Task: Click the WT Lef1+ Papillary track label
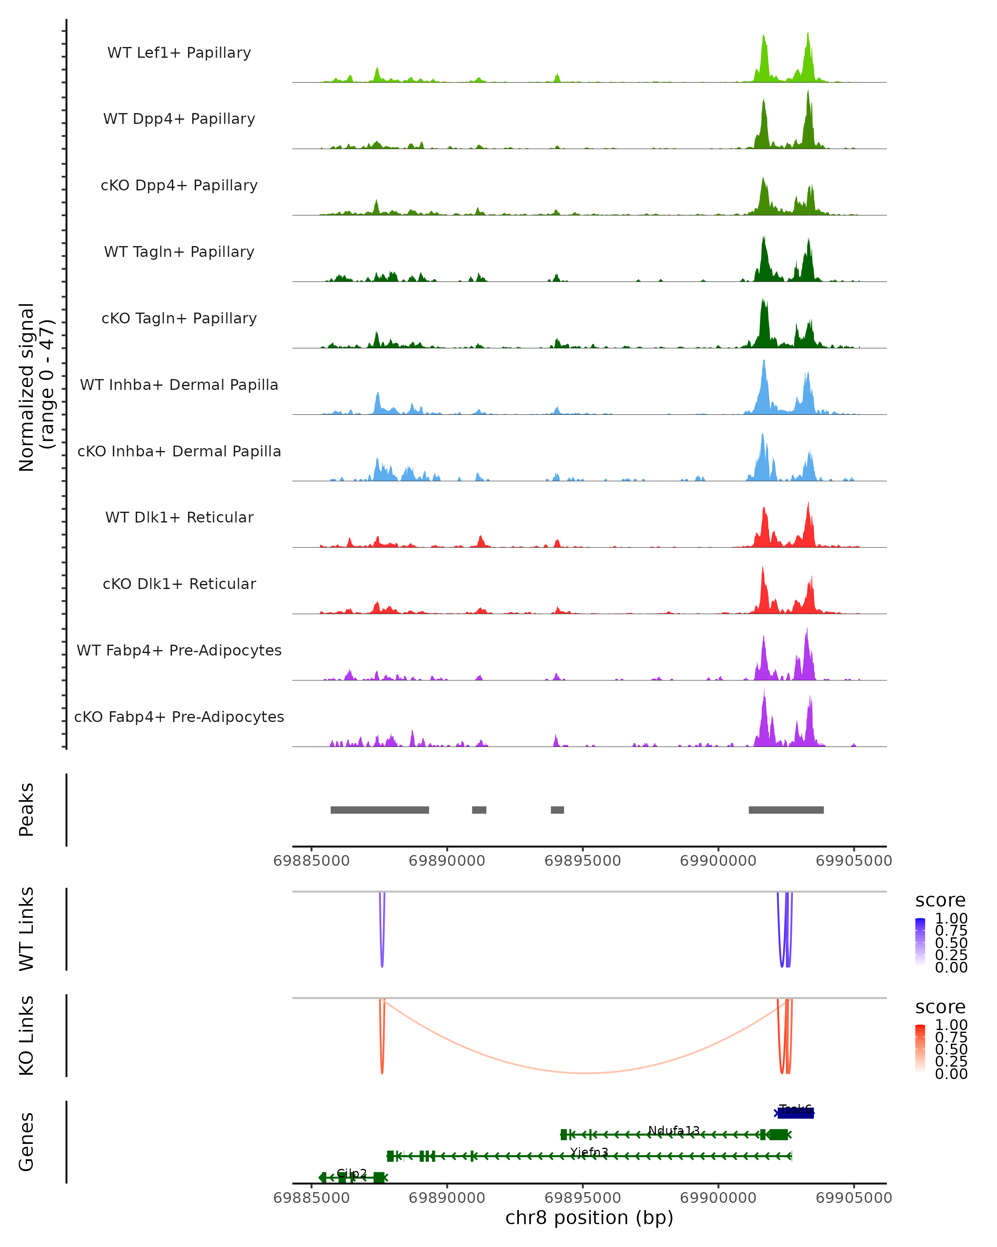coord(179,53)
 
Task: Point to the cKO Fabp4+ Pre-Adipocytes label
coord(179,717)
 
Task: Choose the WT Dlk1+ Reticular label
coord(179,517)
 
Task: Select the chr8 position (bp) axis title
coord(589,1217)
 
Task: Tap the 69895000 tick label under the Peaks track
coord(582,861)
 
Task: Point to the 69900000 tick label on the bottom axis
coord(718,1198)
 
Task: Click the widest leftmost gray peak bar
coord(380,810)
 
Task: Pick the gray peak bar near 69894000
coord(557,810)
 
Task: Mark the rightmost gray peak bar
coord(786,810)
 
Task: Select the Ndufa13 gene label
coord(673,1130)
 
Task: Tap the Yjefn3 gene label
coord(589,1152)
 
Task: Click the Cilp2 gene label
coord(351,1173)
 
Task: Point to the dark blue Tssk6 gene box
coord(796,1113)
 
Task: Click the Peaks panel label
coord(27,810)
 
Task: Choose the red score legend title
coord(941,1007)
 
